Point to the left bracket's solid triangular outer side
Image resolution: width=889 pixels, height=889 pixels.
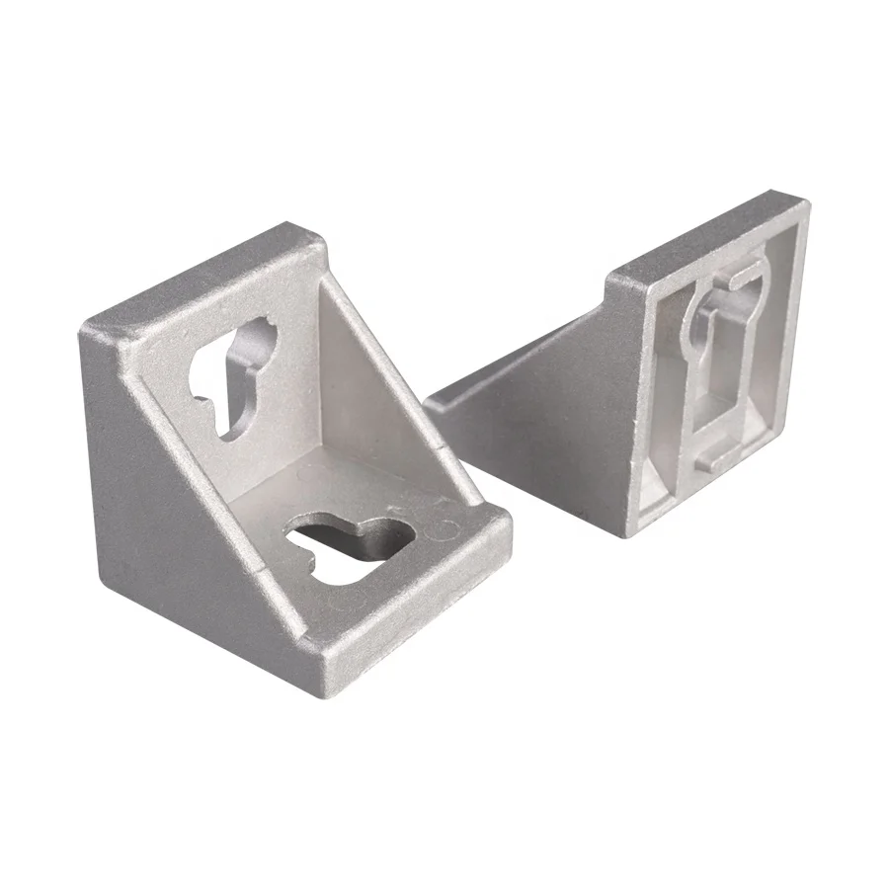click(x=168, y=494)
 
